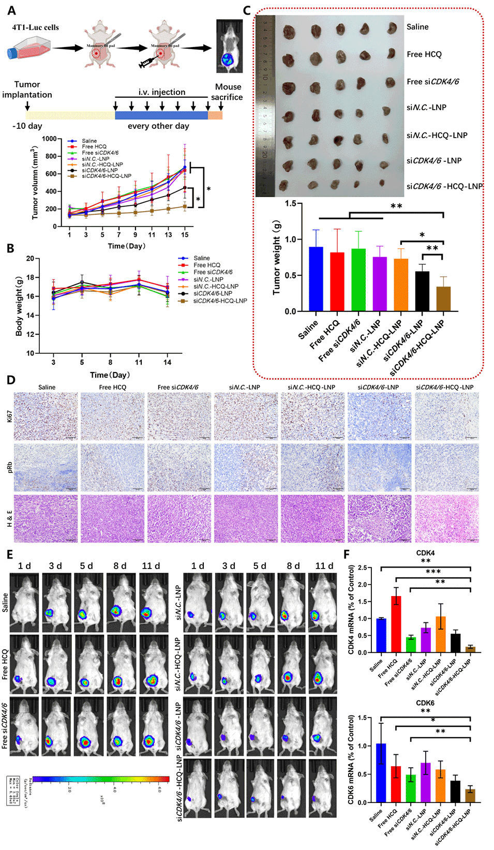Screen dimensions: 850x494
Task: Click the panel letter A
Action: pyautogui.click(x=11, y=11)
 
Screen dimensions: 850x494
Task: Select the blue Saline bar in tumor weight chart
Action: pyautogui.click(x=316, y=279)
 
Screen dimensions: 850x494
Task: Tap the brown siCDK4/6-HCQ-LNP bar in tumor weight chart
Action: pyautogui.click(x=443, y=299)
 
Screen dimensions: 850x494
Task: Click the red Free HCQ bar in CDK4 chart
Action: pyautogui.click(x=396, y=624)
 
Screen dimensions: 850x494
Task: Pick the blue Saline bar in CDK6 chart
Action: pyautogui.click(x=381, y=773)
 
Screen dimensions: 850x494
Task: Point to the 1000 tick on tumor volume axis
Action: pyautogui.click(x=50, y=139)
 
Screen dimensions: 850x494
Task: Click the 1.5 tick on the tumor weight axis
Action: pyautogui.click(x=290, y=204)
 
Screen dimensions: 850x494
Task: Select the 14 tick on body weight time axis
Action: pyautogui.click(x=167, y=362)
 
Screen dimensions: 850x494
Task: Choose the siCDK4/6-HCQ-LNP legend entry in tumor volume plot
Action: pyautogui.click(x=107, y=176)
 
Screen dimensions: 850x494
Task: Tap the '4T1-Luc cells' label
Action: pyautogui.click(x=36, y=27)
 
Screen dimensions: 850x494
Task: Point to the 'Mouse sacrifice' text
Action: pyautogui.click(x=228, y=92)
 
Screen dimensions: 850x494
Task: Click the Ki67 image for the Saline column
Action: pyautogui.click(x=46, y=416)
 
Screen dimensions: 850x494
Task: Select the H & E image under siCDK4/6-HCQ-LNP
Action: pyautogui.click(x=446, y=518)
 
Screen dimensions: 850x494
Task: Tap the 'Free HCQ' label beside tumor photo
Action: pyautogui.click(x=424, y=54)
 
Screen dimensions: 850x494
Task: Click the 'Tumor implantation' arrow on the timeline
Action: pyautogui.click(x=27, y=107)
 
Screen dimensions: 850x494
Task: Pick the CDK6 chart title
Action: pyautogui.click(x=425, y=703)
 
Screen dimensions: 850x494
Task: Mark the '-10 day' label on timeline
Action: pyautogui.click(x=27, y=126)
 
